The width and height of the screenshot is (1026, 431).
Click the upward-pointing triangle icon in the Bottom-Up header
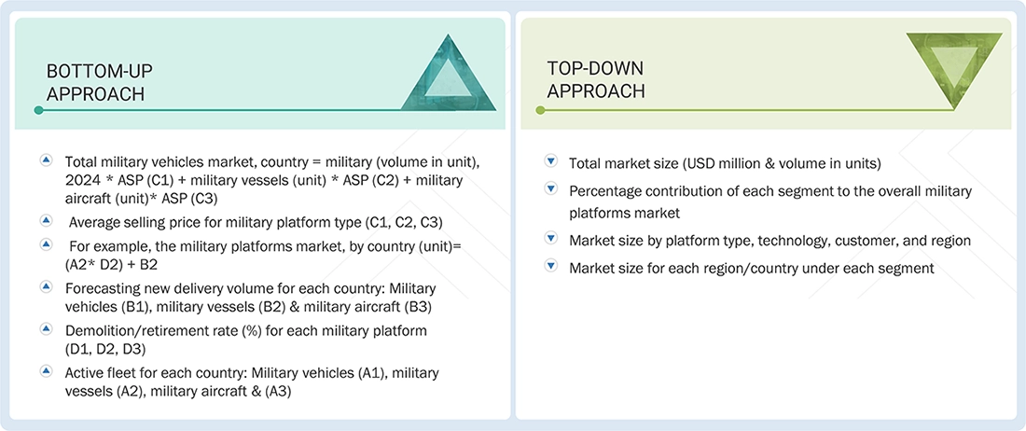click(449, 75)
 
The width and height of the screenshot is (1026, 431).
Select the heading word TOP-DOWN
click(595, 69)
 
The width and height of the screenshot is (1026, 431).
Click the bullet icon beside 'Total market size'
click(550, 161)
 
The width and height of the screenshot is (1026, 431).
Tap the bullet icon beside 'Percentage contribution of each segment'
click(550, 188)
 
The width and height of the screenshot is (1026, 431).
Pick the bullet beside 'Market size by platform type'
click(550, 239)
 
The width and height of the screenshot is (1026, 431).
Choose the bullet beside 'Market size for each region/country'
click(550, 268)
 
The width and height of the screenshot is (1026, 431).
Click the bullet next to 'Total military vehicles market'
click(46, 160)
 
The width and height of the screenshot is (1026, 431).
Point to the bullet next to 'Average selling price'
click(46, 220)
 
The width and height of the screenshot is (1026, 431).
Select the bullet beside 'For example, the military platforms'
click(46, 243)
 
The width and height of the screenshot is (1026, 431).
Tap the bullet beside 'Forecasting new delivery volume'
click(46, 286)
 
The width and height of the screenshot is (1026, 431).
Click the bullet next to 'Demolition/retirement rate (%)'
click(46, 328)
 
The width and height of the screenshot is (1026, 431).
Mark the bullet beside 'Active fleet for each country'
click(46, 370)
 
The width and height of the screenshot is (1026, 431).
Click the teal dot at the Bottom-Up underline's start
click(38, 110)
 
